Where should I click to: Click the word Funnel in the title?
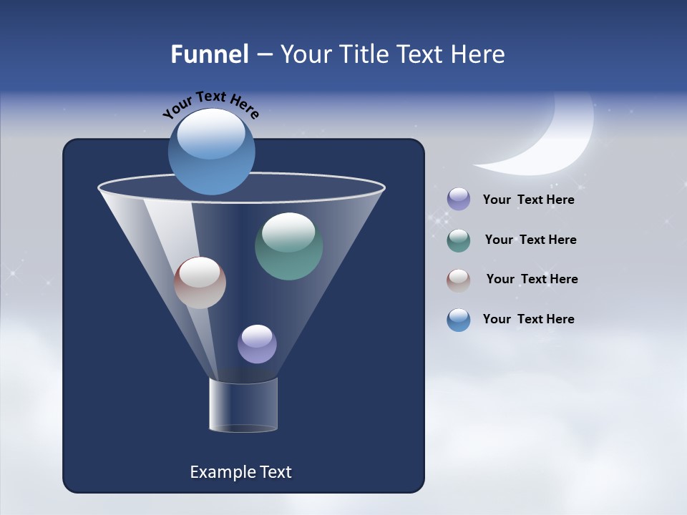coord(209,54)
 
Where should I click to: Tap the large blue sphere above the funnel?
coord(211,152)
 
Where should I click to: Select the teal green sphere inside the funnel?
coord(288,246)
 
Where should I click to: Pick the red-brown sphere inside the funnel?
coord(200,283)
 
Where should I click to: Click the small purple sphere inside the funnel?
coord(257,344)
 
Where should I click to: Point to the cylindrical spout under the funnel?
coord(243,405)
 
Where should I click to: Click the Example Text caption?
coord(240,472)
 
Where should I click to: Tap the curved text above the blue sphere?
coord(210,104)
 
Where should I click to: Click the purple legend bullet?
coord(459,200)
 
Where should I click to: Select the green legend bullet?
coord(459,240)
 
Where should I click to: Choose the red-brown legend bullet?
coord(459,280)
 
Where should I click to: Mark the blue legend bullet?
coord(459,320)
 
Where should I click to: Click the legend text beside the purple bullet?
coord(528,200)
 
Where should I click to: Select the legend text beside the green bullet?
coord(530,240)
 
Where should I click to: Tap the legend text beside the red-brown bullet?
coord(532,280)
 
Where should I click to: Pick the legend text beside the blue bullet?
coord(528,320)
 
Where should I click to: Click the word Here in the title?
coord(479,54)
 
